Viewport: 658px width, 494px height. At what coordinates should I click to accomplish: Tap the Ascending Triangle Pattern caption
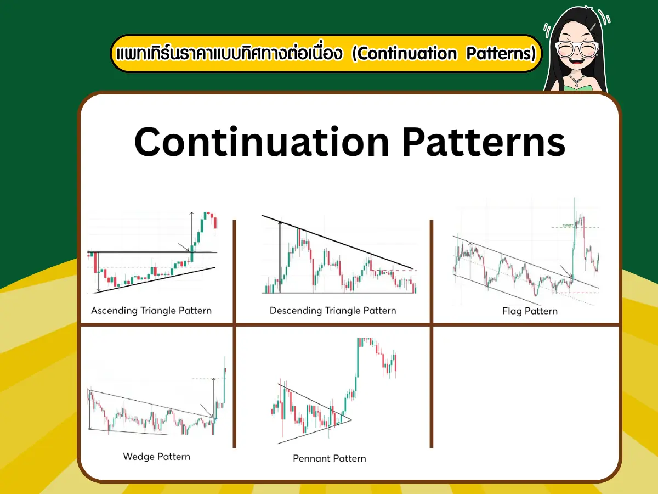point(151,311)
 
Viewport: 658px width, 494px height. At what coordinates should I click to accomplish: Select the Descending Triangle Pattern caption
point(333,311)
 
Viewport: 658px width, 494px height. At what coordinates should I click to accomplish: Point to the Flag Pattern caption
point(530,311)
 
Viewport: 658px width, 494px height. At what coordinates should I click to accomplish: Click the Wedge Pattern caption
point(157,457)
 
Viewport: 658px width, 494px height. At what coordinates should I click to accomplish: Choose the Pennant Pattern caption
point(330,458)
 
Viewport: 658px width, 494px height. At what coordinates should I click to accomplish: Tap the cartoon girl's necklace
point(576,81)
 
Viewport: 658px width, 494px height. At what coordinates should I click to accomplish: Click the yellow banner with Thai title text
point(326,54)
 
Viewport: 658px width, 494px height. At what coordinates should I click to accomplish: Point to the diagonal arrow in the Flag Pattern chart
point(565,272)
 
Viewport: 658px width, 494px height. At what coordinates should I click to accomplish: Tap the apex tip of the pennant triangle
point(351,421)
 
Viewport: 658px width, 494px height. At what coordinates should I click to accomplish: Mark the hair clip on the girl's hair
point(594,26)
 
